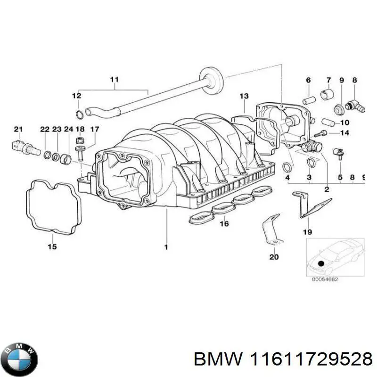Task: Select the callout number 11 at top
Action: [113, 80]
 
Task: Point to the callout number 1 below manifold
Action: [166, 246]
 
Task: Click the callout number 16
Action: [224, 223]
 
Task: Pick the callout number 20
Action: [274, 257]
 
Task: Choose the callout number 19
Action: [307, 231]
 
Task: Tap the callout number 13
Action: [243, 96]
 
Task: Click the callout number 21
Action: [18, 129]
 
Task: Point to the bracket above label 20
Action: [271, 231]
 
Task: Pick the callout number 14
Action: [344, 133]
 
